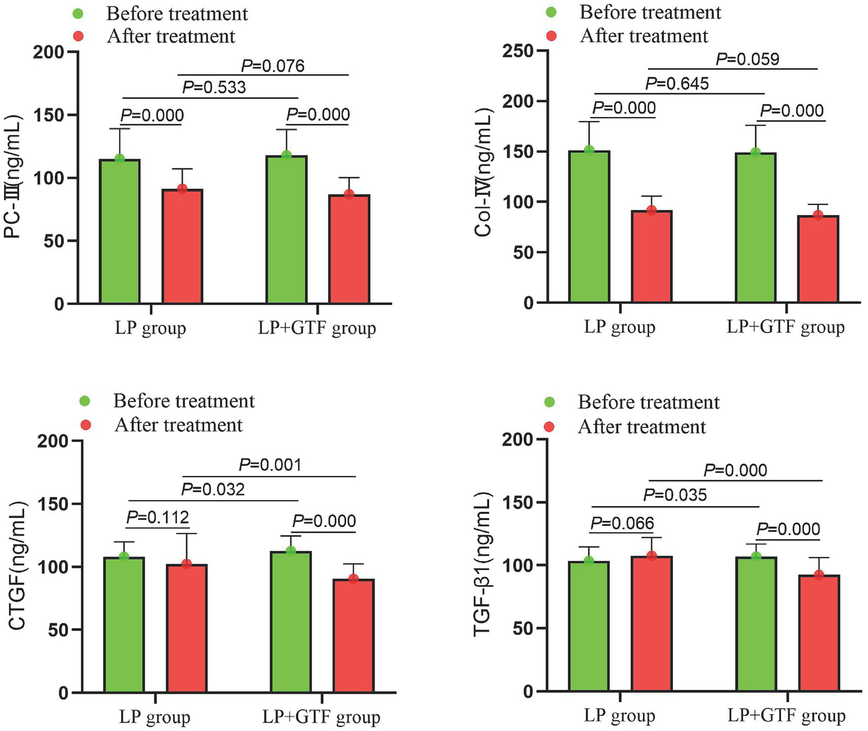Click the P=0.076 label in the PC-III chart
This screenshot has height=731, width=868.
(x=273, y=66)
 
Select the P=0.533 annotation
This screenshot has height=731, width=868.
(x=214, y=88)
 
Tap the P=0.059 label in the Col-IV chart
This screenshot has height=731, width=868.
(x=748, y=59)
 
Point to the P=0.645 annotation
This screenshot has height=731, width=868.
(x=677, y=84)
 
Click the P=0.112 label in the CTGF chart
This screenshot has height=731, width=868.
(x=158, y=517)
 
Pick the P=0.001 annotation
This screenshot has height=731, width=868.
(x=270, y=465)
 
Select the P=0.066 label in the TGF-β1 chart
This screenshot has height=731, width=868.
(x=623, y=524)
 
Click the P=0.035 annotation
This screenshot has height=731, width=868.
(x=675, y=495)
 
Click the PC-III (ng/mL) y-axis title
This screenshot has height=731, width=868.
(x=14, y=177)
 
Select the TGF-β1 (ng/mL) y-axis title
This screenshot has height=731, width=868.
(x=482, y=565)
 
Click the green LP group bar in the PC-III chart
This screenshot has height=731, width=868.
(x=119, y=232)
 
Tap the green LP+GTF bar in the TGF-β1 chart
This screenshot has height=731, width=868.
(x=756, y=624)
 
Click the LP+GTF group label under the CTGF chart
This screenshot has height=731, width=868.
(x=321, y=717)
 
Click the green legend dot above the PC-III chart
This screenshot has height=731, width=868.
(x=79, y=14)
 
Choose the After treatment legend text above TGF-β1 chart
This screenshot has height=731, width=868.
(x=642, y=427)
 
